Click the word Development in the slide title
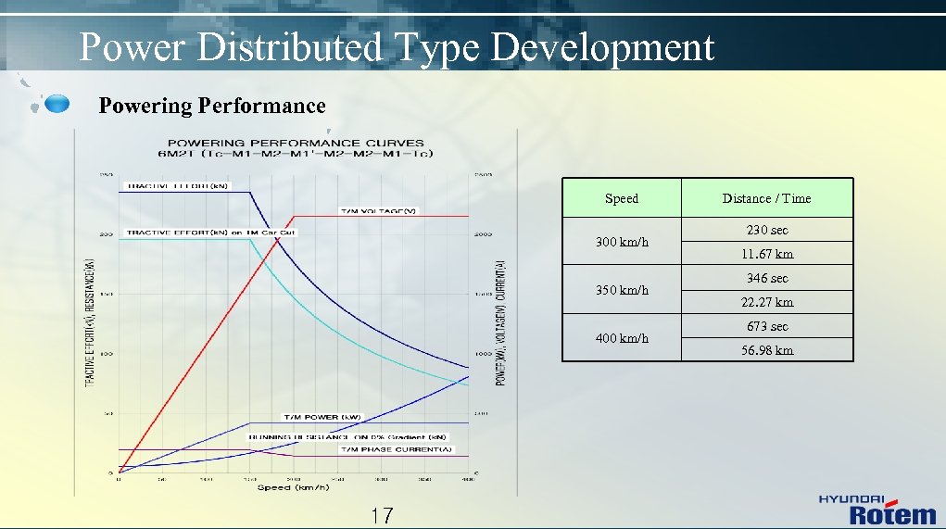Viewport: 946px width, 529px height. pos(602,47)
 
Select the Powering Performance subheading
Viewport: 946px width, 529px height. pos(212,106)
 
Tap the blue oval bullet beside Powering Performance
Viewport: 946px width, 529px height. pos(57,104)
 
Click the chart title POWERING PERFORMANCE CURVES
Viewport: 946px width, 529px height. pos(296,144)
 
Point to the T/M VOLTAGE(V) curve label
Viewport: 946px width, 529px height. pos(378,211)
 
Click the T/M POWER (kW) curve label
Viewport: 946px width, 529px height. pos(322,416)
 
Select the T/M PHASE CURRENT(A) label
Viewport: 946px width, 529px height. pos(397,449)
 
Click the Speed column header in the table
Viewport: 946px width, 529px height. pos(621,198)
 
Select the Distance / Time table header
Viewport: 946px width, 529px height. pos(766,198)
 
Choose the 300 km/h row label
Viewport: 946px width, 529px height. pos(622,242)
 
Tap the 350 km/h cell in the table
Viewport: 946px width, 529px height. pos(622,290)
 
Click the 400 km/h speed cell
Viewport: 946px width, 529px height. pos(622,338)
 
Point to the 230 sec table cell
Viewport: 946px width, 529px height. pos(767,230)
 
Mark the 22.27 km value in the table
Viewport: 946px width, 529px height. pos(767,302)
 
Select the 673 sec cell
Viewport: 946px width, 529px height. pos(767,326)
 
